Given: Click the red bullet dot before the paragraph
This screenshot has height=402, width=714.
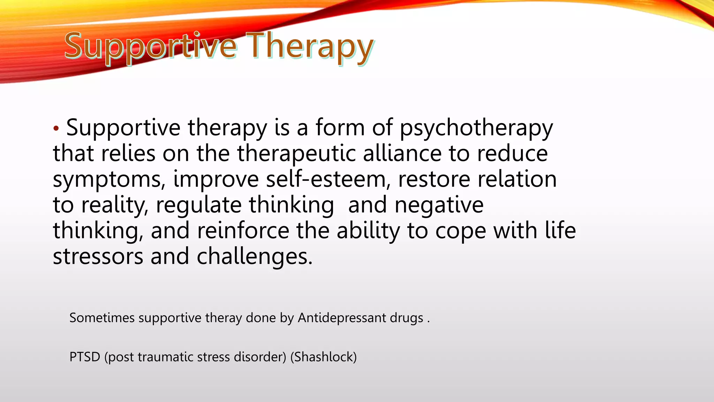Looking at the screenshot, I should (x=56, y=129).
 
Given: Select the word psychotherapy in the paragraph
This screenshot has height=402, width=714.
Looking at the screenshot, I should (x=476, y=128).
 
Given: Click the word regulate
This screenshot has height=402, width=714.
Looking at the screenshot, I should (x=199, y=205).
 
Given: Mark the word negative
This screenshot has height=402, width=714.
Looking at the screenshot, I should (x=439, y=206).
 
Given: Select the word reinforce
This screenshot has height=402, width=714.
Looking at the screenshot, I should (x=243, y=231).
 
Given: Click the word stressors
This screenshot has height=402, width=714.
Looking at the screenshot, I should (x=98, y=256).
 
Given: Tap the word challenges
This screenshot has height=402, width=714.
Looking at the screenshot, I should (x=255, y=257).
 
